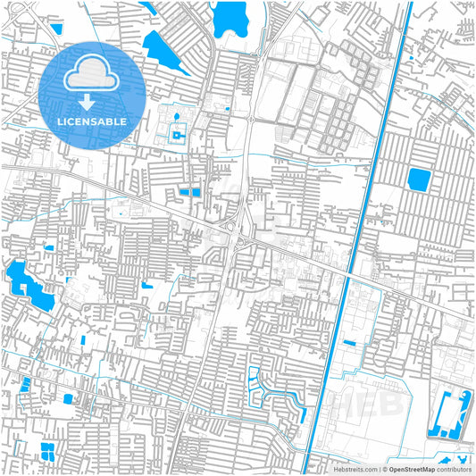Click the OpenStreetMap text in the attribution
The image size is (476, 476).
412,469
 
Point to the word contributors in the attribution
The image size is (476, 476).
454,469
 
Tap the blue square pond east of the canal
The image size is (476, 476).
418,180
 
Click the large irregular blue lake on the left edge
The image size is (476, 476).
27,286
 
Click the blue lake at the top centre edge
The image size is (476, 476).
230,15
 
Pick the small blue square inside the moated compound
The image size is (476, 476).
176,135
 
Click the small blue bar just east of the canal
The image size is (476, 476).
349,343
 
